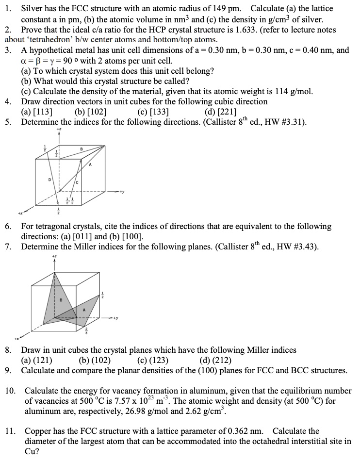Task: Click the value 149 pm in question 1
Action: coord(228,9)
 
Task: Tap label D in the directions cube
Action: coord(49,180)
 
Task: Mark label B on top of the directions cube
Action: coord(82,148)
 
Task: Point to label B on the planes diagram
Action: coord(61,300)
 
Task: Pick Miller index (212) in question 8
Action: coord(215,360)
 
